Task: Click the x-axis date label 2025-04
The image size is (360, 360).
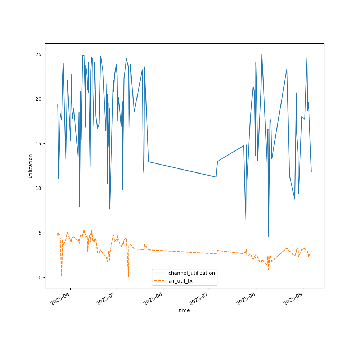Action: pyautogui.click(x=60, y=299)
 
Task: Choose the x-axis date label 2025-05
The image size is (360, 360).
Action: pyautogui.click(x=107, y=299)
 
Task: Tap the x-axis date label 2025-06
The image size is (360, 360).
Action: pyautogui.click(x=153, y=299)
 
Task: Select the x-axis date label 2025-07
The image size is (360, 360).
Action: pyautogui.click(x=199, y=299)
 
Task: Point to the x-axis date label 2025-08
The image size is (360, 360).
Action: pyautogui.click(x=246, y=299)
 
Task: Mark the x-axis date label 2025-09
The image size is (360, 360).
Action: pyautogui.click(x=293, y=299)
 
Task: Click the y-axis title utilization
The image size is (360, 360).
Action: pyautogui.click(x=31, y=166)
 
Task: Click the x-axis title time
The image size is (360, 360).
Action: pyautogui.click(x=184, y=310)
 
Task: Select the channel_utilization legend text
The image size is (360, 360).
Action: pyautogui.click(x=192, y=273)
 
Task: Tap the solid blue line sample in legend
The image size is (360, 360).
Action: pyautogui.click(x=160, y=273)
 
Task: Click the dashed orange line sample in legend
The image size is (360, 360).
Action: pyautogui.click(x=160, y=281)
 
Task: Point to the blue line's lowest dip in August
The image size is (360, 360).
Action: pyautogui.click(x=269, y=237)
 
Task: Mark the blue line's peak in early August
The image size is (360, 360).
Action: pyautogui.click(x=262, y=54)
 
